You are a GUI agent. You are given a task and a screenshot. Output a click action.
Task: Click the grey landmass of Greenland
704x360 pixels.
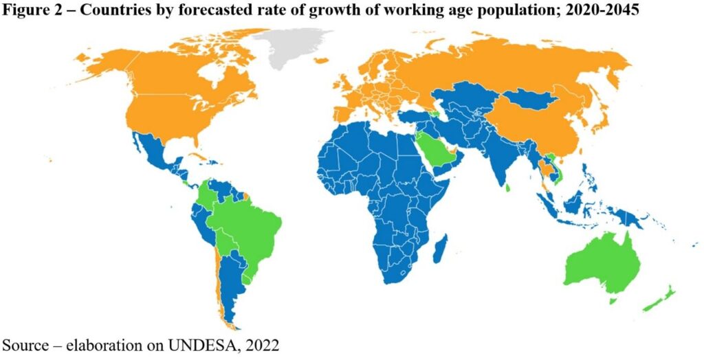click(292, 48)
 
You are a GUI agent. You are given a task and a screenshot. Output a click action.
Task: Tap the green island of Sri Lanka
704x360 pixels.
click(507, 187)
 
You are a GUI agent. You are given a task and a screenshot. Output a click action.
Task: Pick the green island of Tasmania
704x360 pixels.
click(613, 301)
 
